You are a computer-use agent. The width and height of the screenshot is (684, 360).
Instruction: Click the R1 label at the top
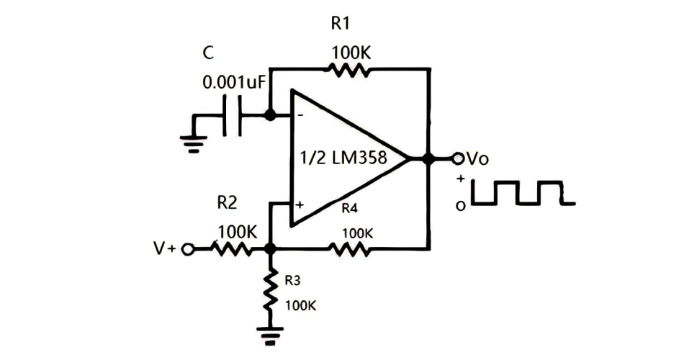click(x=340, y=24)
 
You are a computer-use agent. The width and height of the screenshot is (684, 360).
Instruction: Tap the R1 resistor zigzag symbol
click(x=349, y=70)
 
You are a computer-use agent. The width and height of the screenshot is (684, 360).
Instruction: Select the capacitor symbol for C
click(x=232, y=115)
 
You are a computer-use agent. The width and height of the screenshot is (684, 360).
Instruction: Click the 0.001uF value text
click(x=235, y=82)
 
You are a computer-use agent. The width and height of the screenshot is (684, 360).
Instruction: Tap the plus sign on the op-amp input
click(x=299, y=205)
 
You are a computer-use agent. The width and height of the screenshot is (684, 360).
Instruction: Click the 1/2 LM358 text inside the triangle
click(x=343, y=158)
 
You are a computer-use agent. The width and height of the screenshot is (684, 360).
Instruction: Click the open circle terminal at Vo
click(x=456, y=158)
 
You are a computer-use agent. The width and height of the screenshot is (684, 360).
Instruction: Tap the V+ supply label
click(x=165, y=249)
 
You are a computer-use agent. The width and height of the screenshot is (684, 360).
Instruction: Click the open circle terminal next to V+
click(x=188, y=249)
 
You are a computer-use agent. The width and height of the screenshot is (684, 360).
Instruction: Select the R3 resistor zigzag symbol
click(x=271, y=289)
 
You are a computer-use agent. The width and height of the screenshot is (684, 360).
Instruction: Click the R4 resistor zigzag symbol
click(x=350, y=249)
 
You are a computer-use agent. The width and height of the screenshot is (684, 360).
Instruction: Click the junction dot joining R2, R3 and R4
click(x=271, y=249)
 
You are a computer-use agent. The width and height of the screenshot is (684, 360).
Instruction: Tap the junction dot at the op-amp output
click(x=429, y=158)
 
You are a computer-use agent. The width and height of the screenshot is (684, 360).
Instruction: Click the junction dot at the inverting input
click(x=270, y=114)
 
